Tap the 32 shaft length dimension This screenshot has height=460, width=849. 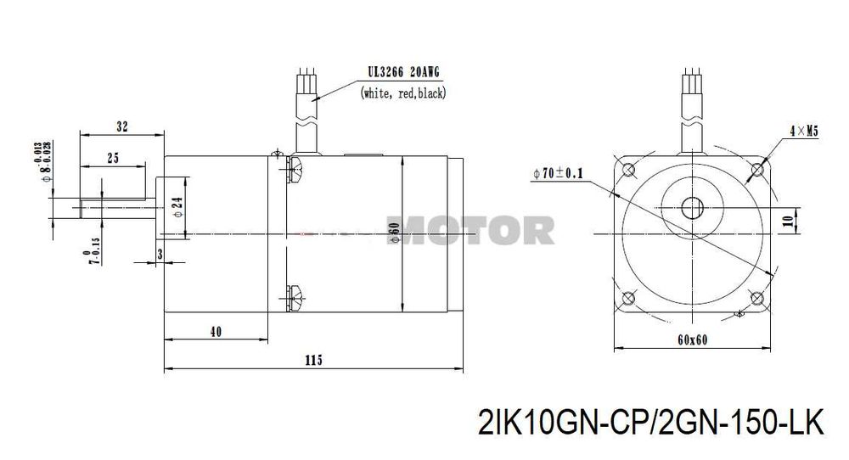tap(122, 126)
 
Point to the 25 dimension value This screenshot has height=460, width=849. tap(112, 157)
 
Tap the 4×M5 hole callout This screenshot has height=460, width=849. tap(802, 131)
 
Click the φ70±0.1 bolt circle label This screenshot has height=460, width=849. tap(559, 174)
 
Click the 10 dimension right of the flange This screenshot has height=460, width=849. tap(789, 222)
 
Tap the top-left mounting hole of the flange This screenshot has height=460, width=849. tap(629, 171)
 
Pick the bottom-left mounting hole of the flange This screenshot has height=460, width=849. tap(629, 298)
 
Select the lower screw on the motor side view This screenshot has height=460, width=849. tap(294, 294)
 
